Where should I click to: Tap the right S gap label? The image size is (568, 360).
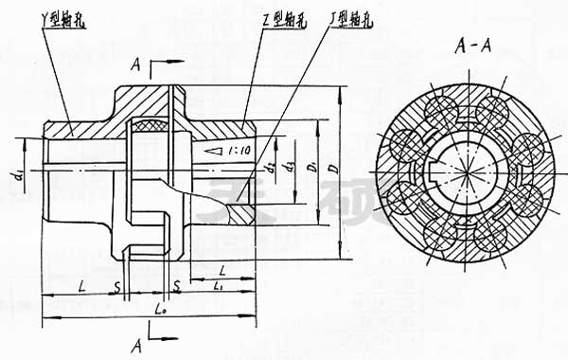176,284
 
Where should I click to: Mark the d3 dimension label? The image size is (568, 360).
291,157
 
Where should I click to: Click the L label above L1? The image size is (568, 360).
220,269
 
